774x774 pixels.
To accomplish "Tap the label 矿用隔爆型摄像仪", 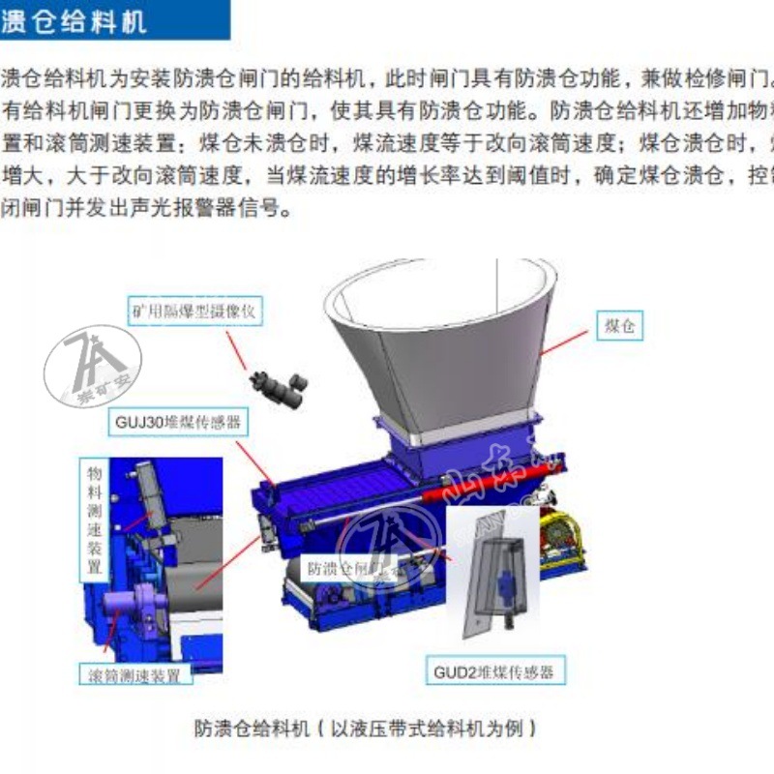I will tap(196, 312).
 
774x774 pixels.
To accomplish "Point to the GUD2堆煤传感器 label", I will tap(494, 671).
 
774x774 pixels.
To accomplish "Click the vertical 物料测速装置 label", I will tap(94, 518).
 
